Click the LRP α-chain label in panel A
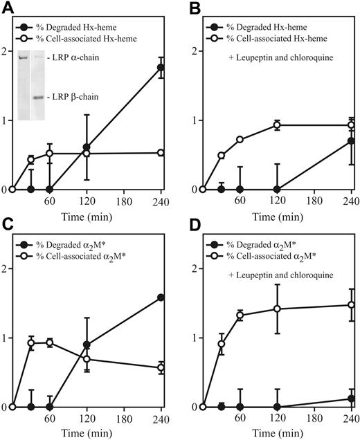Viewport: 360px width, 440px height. [82, 57]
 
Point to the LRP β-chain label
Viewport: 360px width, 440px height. [82, 98]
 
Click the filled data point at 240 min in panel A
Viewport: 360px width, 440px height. [161, 67]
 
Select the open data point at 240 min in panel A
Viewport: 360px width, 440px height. [161, 153]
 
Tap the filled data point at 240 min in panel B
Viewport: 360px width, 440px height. [352, 141]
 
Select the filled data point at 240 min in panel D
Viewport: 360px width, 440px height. [352, 398]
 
